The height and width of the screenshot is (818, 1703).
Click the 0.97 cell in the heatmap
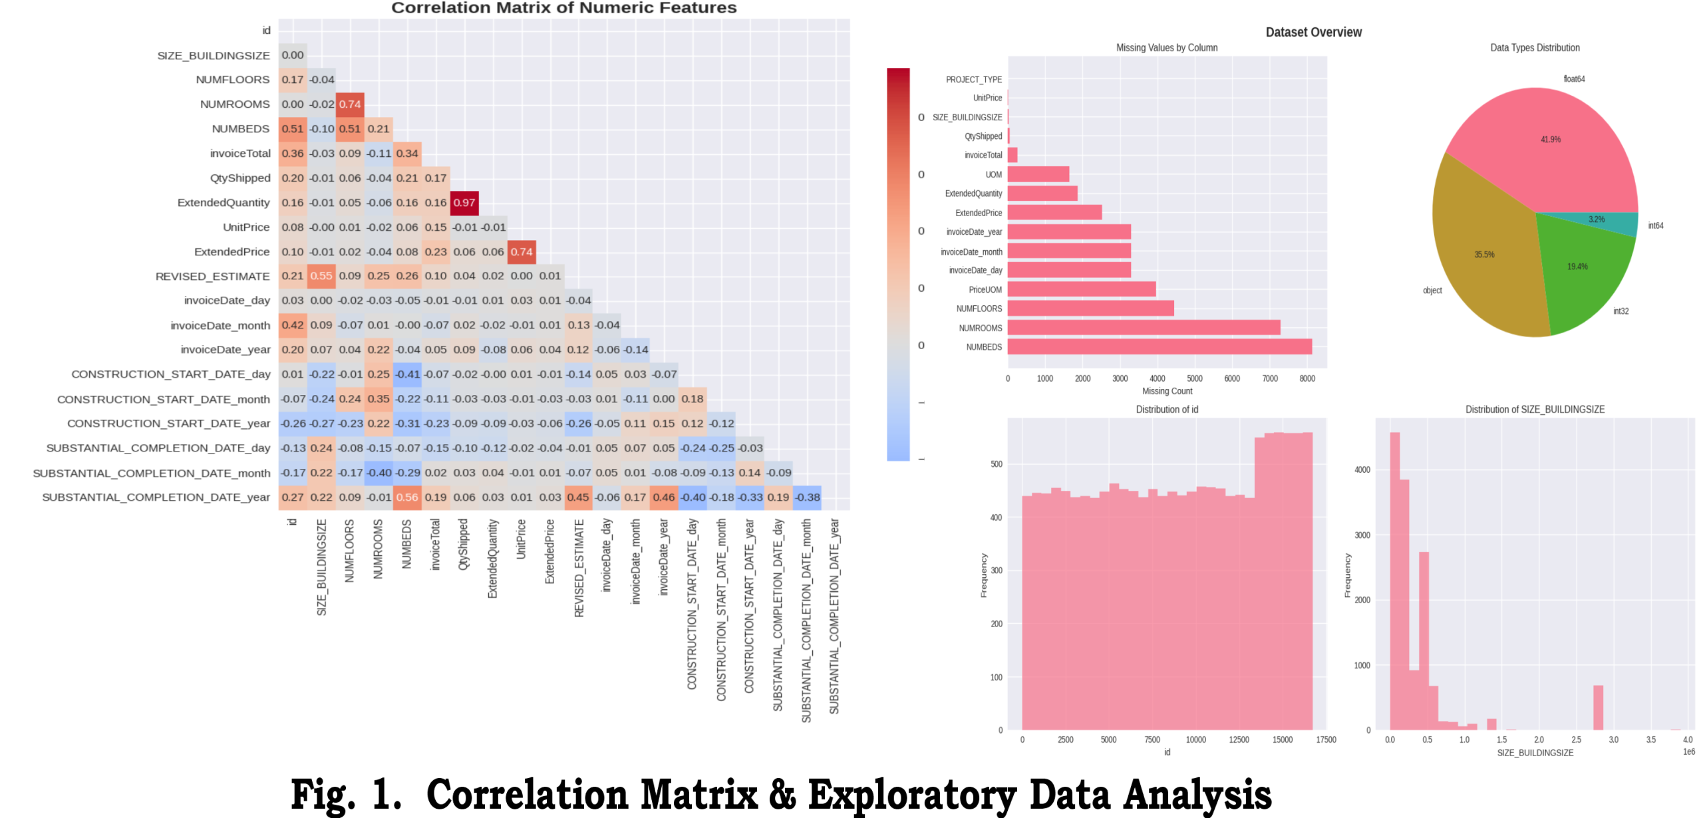[464, 203]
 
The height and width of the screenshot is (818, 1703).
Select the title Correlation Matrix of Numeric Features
[563, 8]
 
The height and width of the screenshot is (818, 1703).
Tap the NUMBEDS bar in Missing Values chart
[1160, 346]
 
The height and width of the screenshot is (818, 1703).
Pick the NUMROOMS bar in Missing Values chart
[1144, 328]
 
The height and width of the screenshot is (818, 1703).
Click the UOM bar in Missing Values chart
[1038, 174]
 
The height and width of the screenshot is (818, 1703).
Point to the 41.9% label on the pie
[1550, 140]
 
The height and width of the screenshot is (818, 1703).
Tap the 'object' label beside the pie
[1432, 291]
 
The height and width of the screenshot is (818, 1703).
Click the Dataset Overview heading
[1313, 32]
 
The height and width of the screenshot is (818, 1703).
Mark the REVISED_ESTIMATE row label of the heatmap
[212, 277]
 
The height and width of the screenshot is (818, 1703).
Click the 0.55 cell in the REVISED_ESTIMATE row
[321, 276]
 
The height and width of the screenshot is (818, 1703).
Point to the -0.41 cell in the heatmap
[407, 374]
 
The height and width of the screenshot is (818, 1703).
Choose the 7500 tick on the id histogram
[1152, 740]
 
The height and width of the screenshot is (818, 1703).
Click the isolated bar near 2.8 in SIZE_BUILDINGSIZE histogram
[1598, 708]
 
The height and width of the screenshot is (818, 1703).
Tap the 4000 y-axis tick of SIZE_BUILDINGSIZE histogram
[1362, 470]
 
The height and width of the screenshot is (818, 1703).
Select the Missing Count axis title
[1167, 391]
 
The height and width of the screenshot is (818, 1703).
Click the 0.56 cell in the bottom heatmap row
[407, 497]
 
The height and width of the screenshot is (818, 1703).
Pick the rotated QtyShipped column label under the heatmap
[464, 544]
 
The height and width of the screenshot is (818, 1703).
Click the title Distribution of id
[1167, 410]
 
